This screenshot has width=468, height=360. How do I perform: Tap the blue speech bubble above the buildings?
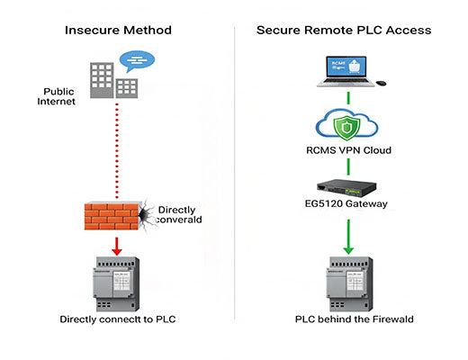pyautogui.click(x=136, y=62)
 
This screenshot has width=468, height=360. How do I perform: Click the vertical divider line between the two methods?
pyautogui.click(x=235, y=180)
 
